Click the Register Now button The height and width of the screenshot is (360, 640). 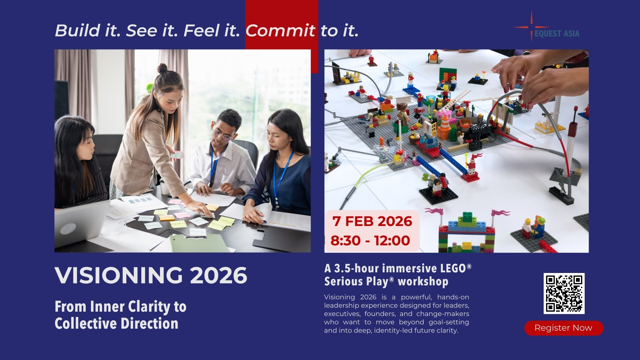click(564, 328)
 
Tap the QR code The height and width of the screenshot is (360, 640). click(564, 293)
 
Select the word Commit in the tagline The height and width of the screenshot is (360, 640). click(280, 31)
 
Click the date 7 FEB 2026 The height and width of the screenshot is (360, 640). click(372, 221)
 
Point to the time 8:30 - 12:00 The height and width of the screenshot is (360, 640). click(370, 241)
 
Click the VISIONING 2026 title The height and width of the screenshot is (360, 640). click(151, 275)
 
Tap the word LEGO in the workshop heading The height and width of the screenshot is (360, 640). click(453, 268)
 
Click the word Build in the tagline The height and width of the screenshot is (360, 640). click(77, 31)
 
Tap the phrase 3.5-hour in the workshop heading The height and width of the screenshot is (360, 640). click(352, 268)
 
